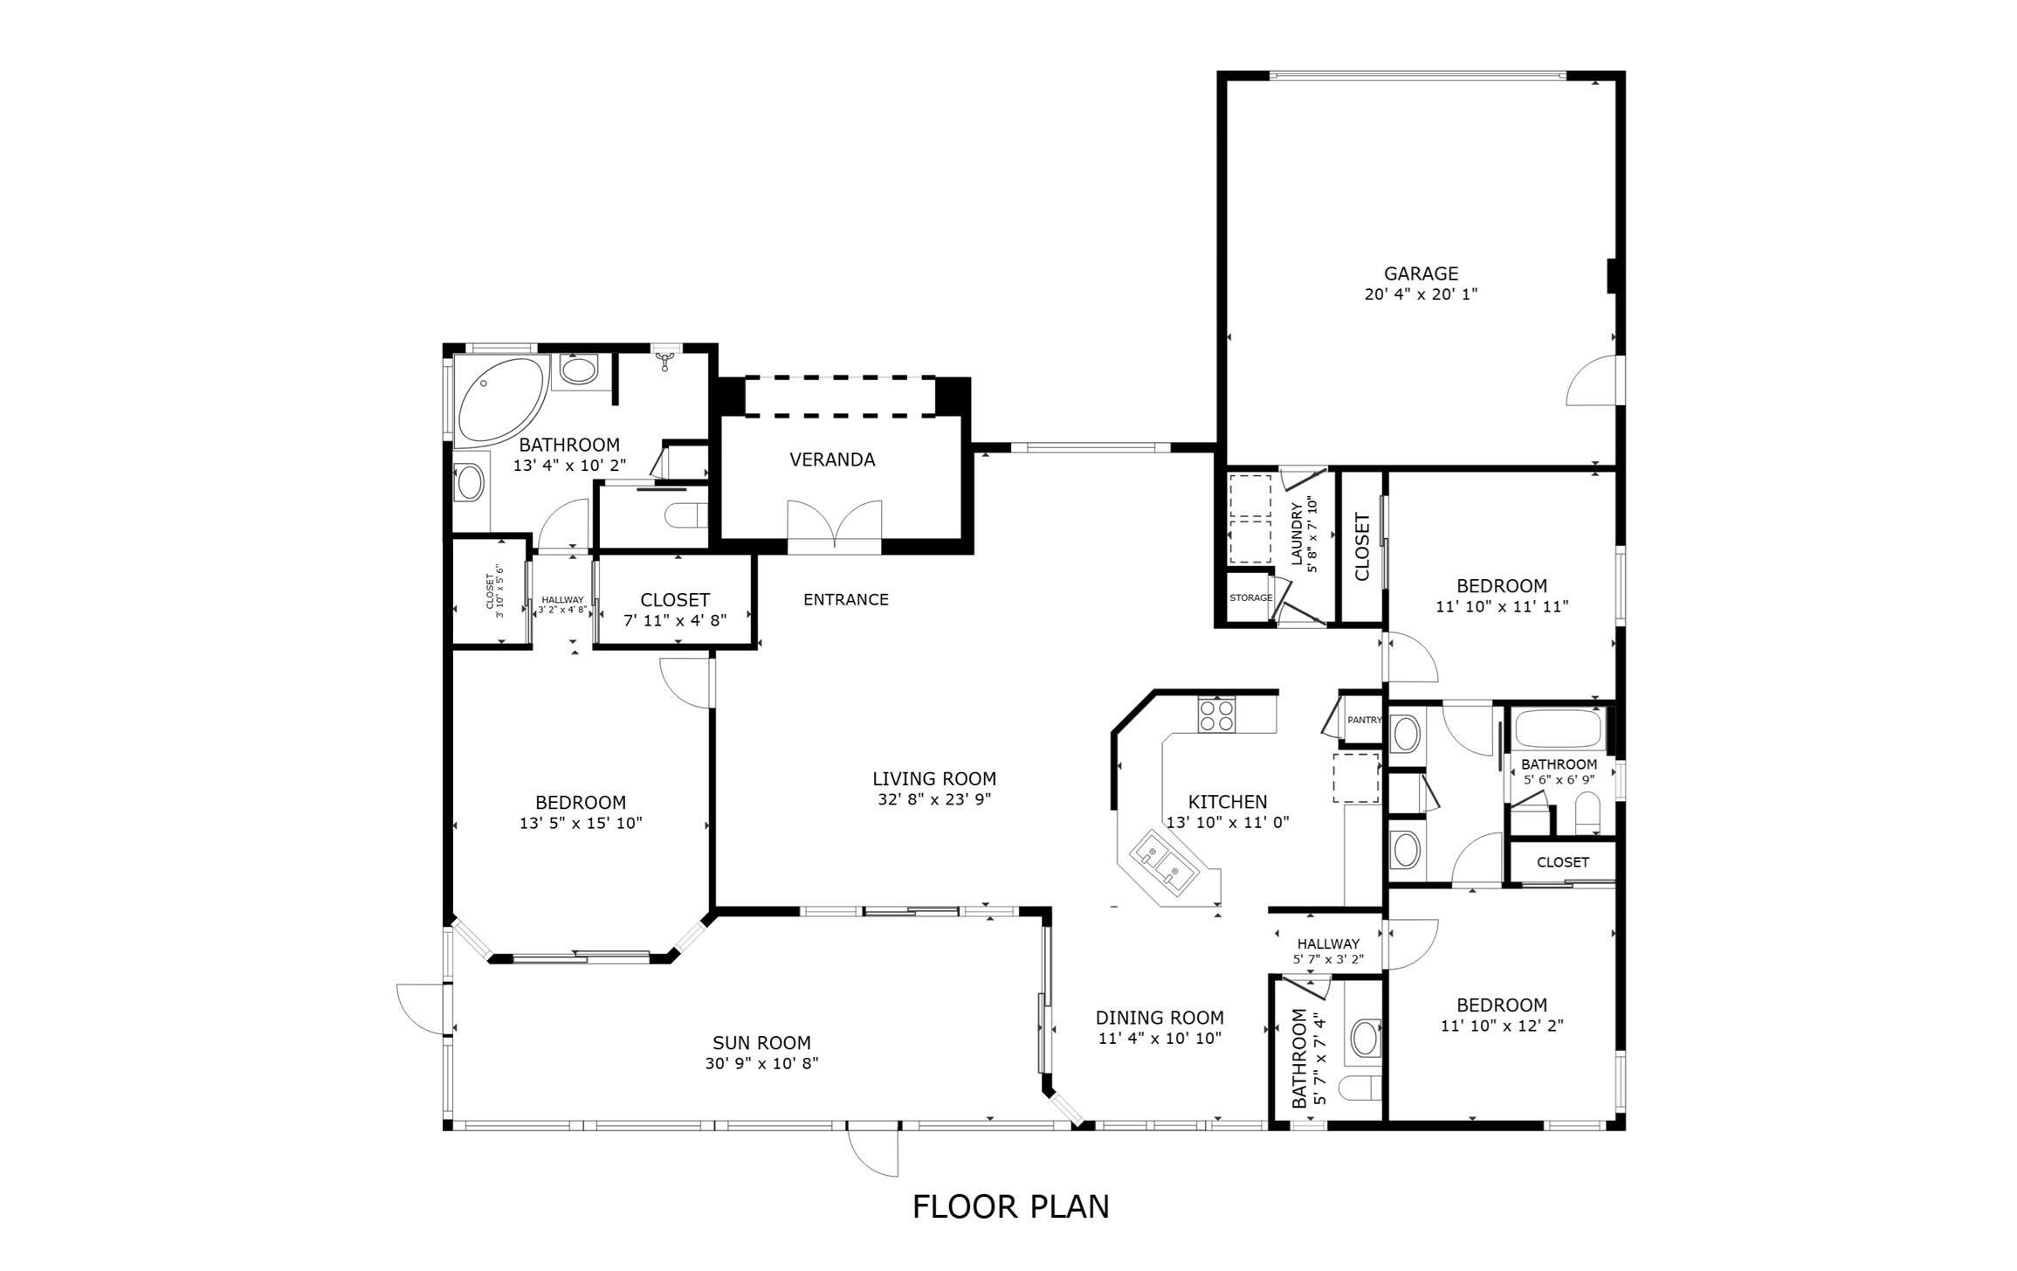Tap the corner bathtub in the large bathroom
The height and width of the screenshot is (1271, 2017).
pos(498,399)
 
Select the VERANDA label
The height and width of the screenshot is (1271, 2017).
pos(832,459)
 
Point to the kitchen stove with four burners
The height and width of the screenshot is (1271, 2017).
pos(1216,715)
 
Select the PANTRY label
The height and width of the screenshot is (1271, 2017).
pos(1364,720)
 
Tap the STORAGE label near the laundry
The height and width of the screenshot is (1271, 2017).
pos(1250,598)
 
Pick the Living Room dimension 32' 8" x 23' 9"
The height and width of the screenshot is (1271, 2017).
pos(934,799)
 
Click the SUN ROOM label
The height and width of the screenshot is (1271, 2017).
pos(761,1042)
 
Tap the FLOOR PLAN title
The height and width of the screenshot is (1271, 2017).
pos(1010,1206)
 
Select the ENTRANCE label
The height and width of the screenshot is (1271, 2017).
pos(845,599)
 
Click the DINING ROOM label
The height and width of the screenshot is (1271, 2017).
pos(1160,1017)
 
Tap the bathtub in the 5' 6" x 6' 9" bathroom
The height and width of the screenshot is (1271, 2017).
pos(1559,729)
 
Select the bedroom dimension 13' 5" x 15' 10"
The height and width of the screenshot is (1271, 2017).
pos(581,823)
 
